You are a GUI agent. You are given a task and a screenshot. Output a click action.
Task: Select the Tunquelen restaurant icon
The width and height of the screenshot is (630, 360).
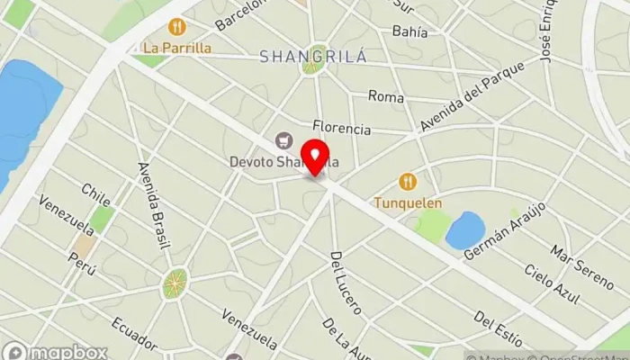coord(408,182)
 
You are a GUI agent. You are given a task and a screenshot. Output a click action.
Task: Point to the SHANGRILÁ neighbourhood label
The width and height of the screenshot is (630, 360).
coord(312,57)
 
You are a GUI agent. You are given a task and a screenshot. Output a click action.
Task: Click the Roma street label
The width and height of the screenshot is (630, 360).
coord(386,96)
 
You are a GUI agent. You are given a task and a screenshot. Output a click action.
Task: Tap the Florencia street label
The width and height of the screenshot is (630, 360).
coord(342,129)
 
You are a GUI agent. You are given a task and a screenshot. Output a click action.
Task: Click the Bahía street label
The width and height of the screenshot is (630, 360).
coord(409,31)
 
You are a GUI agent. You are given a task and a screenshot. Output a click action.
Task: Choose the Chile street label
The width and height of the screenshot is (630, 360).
coord(96,195)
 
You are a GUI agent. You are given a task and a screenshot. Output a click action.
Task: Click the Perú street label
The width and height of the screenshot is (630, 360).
coord(82,263)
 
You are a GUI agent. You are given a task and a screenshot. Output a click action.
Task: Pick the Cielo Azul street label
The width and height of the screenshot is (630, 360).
coord(552,284)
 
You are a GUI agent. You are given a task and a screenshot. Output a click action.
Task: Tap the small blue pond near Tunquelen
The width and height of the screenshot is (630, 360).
coord(464,230)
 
